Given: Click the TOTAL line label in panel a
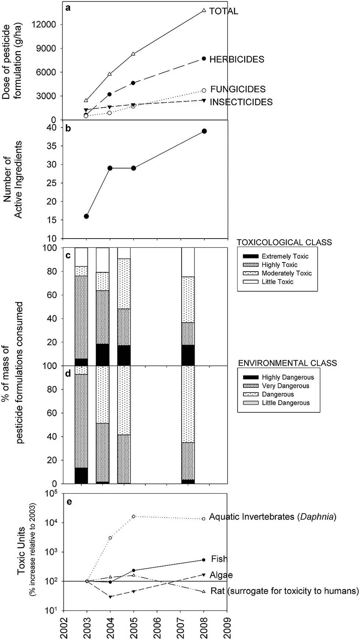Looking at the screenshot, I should click(224, 11).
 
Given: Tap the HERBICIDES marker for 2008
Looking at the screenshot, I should click(204, 58).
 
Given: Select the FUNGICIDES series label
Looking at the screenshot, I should click(238, 89).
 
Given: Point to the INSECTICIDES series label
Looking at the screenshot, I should click(241, 102).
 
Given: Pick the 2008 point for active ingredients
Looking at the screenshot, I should click(204, 131).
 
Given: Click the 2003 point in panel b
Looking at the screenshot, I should click(86, 216).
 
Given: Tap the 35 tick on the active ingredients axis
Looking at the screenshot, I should click(53, 146).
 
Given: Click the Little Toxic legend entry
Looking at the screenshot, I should click(277, 282).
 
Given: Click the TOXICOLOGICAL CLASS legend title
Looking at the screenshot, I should click(284, 243).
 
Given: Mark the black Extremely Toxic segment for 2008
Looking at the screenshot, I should click(188, 355).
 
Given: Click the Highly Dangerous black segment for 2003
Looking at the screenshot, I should click(81, 476).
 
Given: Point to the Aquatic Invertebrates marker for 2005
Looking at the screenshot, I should click(133, 516).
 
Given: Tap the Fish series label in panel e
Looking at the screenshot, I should click(219, 559).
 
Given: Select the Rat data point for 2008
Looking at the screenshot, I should click(204, 591).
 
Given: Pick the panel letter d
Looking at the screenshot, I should click(68, 374).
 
